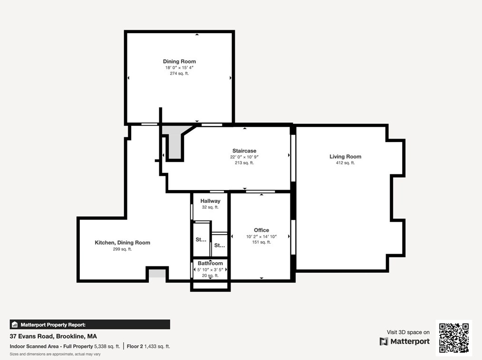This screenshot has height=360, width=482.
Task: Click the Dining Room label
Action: click(x=179, y=61)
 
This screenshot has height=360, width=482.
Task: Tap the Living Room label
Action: click(x=345, y=157)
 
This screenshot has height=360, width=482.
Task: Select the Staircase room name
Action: click(x=244, y=151)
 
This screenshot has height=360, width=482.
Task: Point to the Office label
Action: click(x=261, y=230)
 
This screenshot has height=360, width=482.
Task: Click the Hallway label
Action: click(x=210, y=201)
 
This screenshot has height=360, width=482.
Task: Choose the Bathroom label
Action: click(x=210, y=263)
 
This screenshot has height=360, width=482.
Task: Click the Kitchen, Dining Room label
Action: click(x=122, y=243)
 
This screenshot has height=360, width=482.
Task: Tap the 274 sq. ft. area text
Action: click(x=179, y=74)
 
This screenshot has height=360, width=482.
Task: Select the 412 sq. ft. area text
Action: click(x=345, y=163)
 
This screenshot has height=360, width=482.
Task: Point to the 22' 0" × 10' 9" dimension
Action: click(x=244, y=157)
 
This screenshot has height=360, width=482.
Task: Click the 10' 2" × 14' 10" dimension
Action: click(x=261, y=237)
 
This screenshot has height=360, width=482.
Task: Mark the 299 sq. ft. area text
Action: click(x=122, y=249)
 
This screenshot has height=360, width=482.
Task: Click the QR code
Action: click(x=454, y=338)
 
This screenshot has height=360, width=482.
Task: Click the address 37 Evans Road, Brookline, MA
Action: click(x=53, y=336)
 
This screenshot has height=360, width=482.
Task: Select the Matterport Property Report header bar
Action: click(x=90, y=325)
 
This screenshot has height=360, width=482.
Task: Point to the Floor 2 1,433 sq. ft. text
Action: click(x=148, y=347)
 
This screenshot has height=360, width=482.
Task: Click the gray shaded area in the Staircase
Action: click(x=174, y=142)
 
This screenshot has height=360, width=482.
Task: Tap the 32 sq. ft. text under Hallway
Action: click(x=210, y=208)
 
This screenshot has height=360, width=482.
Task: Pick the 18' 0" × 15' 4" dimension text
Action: click(x=179, y=67)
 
